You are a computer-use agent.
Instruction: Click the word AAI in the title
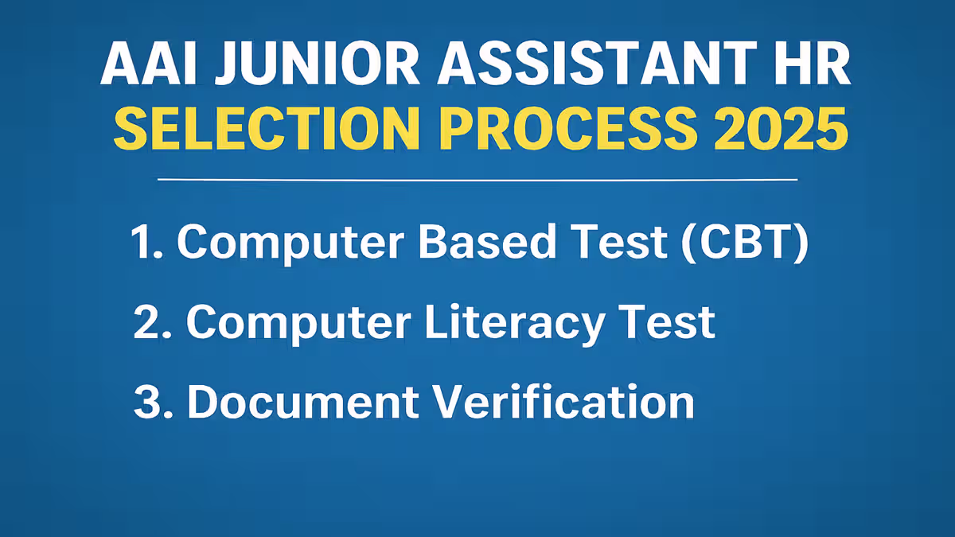point(149,64)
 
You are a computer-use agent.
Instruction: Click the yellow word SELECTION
point(267,129)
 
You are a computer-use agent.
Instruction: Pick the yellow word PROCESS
point(569,129)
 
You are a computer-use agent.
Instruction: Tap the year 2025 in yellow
point(781,129)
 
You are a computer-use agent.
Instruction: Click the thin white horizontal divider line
point(477,180)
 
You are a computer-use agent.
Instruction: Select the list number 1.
point(147,242)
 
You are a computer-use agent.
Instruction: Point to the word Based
point(487,241)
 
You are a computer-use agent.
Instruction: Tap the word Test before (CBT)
point(619,242)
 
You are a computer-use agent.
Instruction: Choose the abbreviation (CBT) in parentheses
point(745,243)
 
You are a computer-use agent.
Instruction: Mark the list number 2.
point(153,322)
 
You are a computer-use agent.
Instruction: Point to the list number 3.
point(154,402)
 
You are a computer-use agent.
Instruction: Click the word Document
point(303,402)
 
